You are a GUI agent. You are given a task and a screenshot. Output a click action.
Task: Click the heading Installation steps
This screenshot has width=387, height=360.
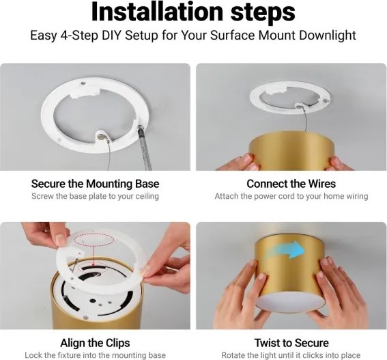(193, 12)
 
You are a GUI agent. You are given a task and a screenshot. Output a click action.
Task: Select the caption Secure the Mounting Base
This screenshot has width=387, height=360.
(96, 184)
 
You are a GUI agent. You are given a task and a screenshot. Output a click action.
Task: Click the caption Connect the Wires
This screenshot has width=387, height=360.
(291, 184)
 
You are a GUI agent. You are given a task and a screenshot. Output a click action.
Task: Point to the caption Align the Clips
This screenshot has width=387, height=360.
(96, 343)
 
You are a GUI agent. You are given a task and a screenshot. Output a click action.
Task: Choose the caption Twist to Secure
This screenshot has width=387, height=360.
(291, 343)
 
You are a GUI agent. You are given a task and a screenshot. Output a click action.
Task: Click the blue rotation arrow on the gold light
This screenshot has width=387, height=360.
(289, 250)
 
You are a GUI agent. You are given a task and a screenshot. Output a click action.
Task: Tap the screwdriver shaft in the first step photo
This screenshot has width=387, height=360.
(145, 148)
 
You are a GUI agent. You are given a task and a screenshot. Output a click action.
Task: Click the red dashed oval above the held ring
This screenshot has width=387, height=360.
(94, 240)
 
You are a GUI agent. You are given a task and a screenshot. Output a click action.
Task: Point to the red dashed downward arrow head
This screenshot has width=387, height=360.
(93, 264)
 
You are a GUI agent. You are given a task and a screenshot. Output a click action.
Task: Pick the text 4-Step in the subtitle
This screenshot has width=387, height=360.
(79, 36)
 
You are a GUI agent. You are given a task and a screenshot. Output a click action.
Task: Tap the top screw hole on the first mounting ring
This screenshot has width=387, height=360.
(83, 83)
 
